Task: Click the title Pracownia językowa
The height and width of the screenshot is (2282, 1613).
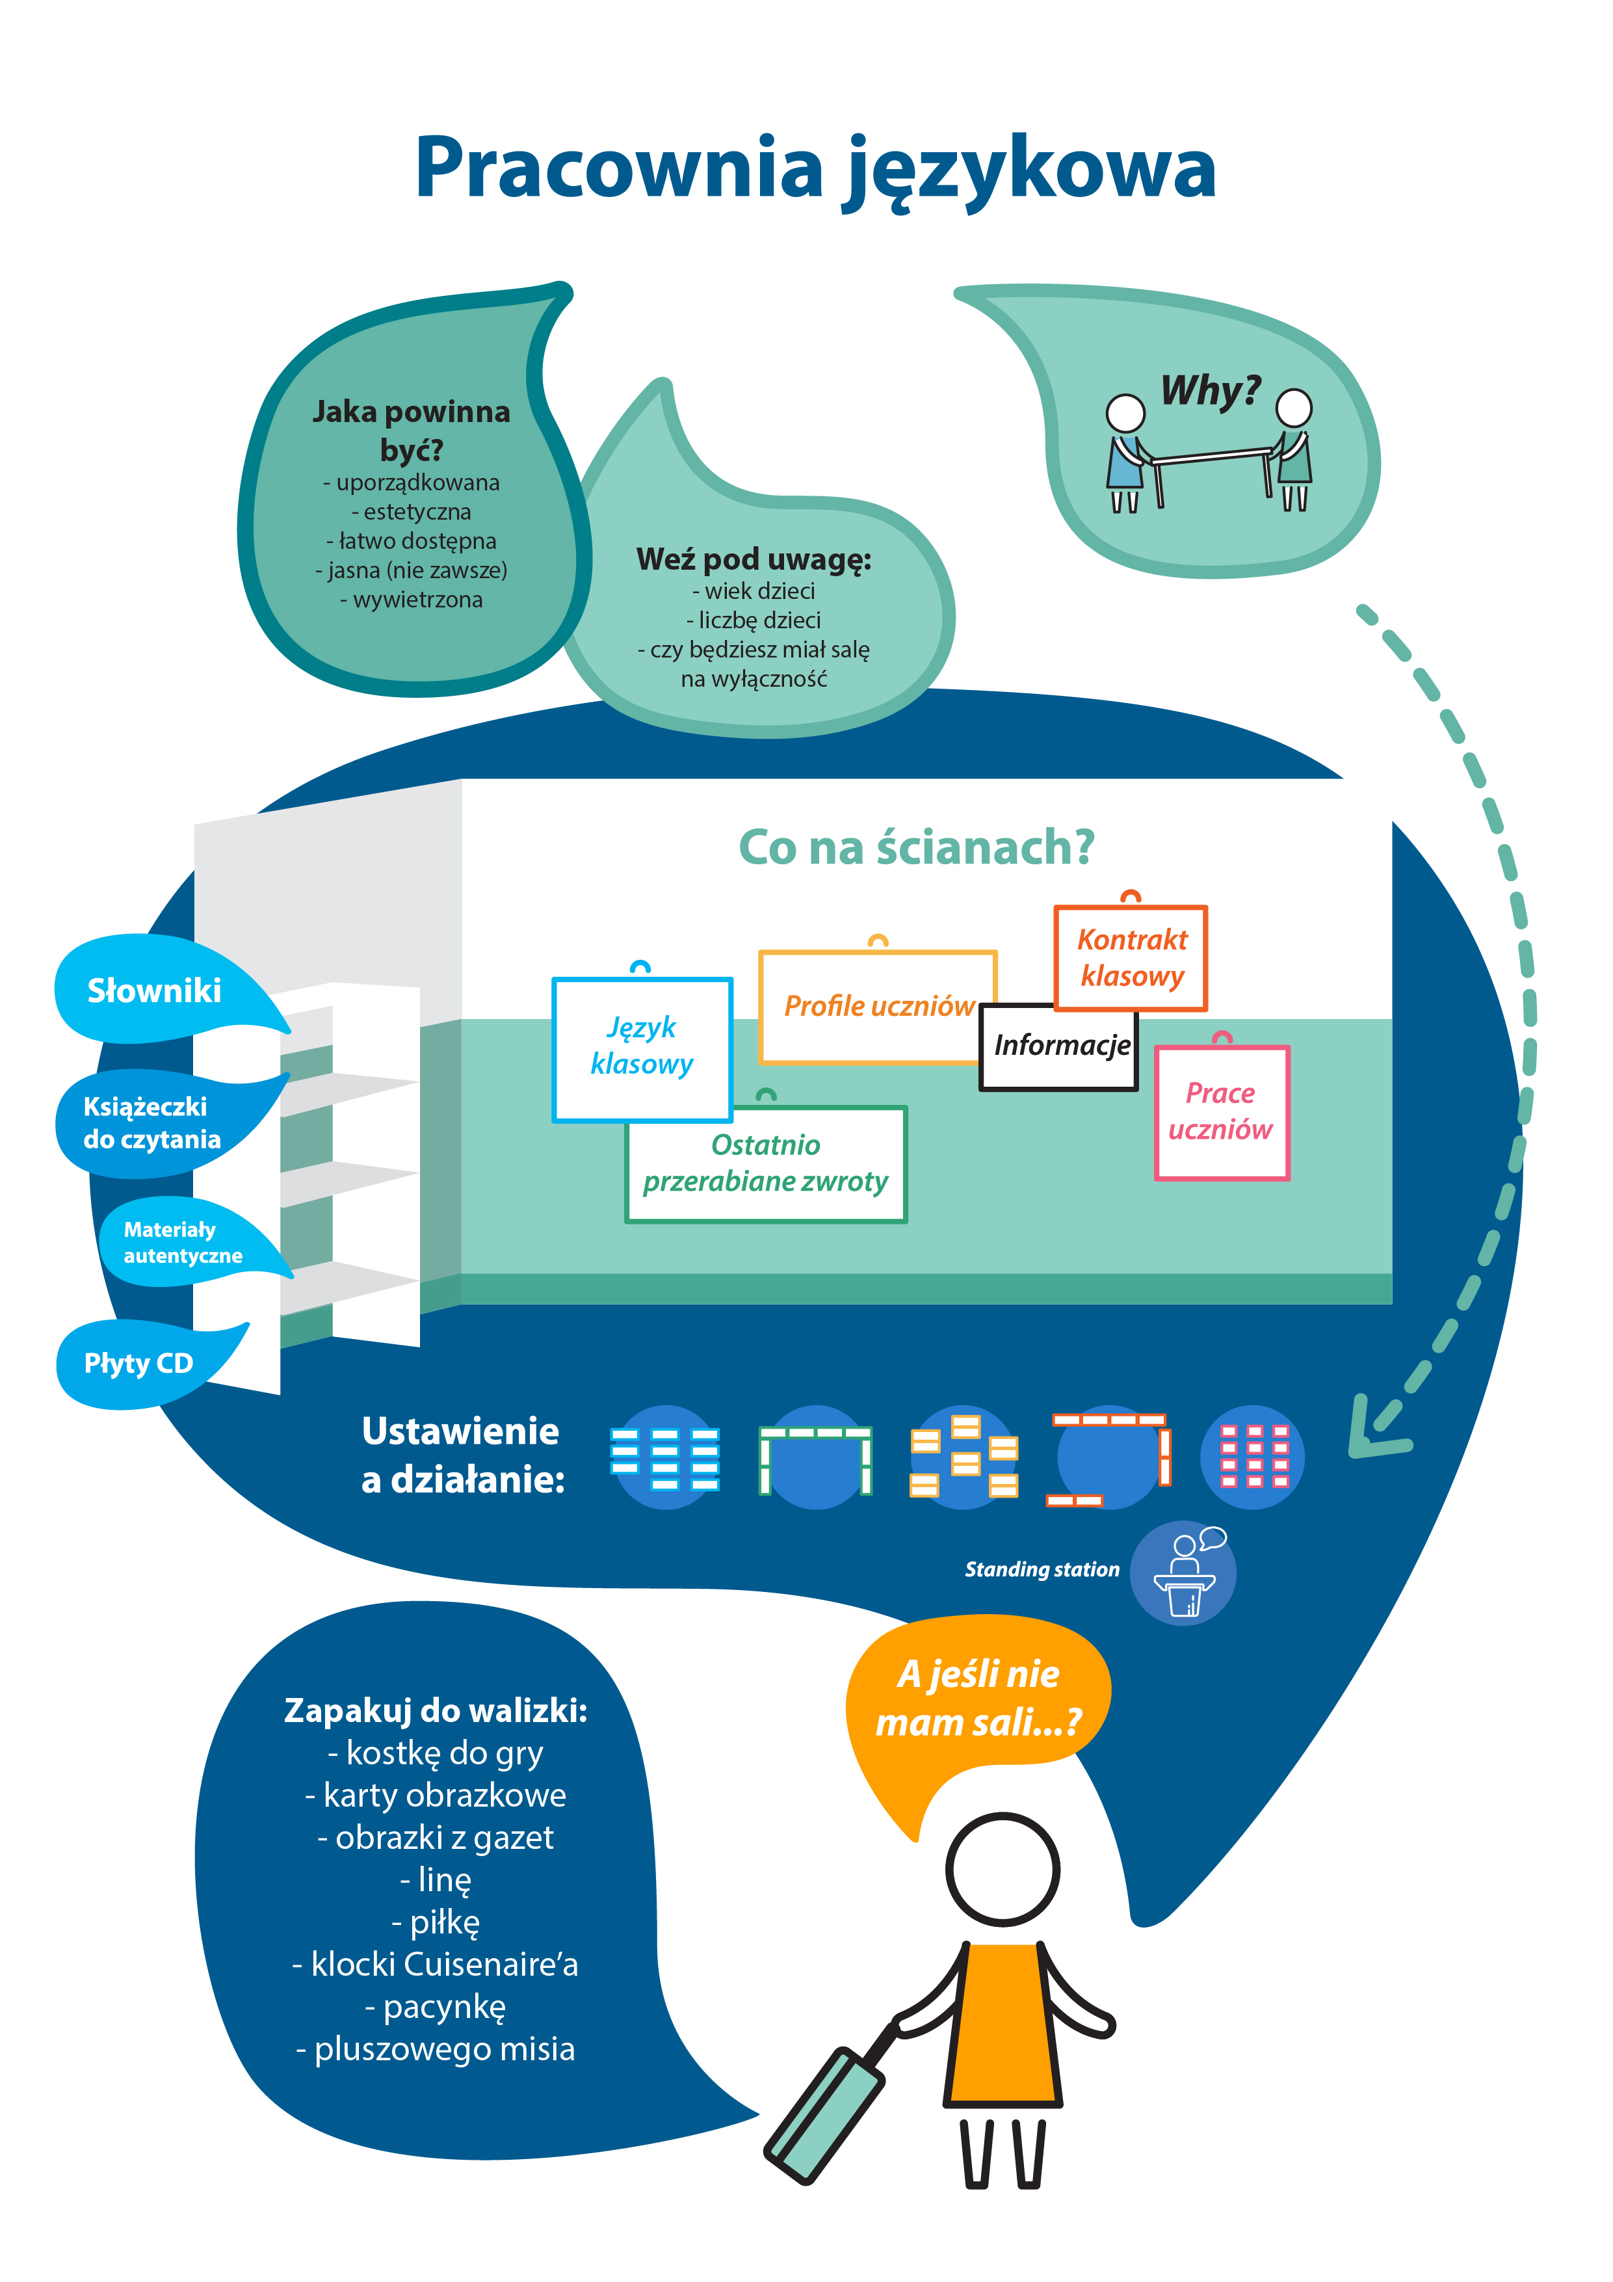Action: coord(815,169)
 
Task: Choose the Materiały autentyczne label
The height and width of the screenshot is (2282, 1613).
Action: coord(182,1242)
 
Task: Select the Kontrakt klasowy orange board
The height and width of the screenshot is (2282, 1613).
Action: coord(1131,957)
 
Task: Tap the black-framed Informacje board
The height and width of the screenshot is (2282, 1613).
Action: coord(1060,1046)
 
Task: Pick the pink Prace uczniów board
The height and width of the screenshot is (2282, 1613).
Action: coord(1222,1111)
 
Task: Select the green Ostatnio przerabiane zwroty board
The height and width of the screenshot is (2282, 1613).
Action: coord(765,1163)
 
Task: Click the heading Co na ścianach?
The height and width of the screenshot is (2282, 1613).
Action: coord(915,848)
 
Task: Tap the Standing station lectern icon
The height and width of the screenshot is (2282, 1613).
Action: coord(1184,1572)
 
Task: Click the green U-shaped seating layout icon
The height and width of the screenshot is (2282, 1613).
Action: coord(815,1457)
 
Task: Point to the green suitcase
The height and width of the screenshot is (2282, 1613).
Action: coord(825,2115)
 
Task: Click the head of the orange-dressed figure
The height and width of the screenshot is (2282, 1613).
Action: coord(1002,1870)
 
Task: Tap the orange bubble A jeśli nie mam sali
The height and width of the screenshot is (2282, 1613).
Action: coord(979,1697)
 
